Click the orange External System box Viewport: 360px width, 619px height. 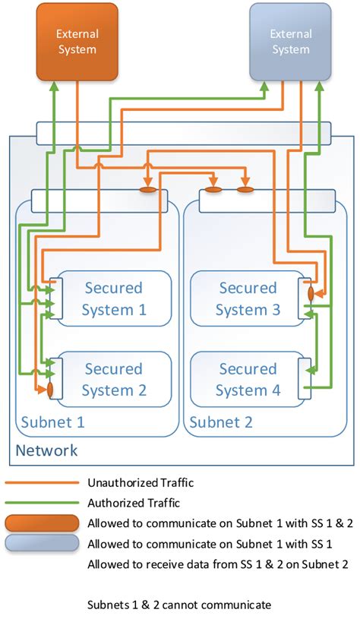tap(77, 41)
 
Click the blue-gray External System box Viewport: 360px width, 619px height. tap(290, 41)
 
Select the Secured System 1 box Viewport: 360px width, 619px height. tap(114, 298)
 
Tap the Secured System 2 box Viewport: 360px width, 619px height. tap(114, 380)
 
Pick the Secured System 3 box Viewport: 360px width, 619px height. tap(248, 298)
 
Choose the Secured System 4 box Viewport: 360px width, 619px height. tap(248, 380)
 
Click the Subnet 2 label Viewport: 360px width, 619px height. tap(220, 422)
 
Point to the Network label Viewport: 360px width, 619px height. tap(46, 450)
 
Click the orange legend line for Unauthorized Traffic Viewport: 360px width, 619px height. tap(42, 482)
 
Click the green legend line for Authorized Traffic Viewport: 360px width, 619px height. tap(42, 502)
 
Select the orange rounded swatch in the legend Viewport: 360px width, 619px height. tap(42, 523)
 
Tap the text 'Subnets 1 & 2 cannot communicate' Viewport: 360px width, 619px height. tap(179, 605)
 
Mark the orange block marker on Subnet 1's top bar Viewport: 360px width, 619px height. tap(149, 189)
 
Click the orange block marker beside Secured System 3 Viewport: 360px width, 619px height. tap(311, 292)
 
